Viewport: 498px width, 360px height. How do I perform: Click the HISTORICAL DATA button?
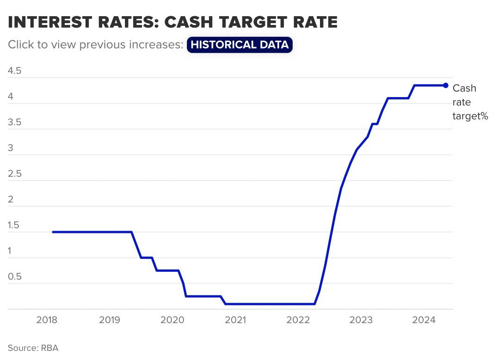pos(240,45)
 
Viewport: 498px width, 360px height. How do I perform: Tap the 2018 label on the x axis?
pos(46,320)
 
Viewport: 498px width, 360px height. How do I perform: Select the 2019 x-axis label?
pos(110,320)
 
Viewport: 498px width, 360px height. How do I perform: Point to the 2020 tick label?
pos(172,320)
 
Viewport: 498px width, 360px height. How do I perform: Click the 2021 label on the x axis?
pos(235,320)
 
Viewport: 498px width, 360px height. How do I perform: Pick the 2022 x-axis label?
pos(298,320)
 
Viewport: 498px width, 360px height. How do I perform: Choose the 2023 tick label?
pos(361,320)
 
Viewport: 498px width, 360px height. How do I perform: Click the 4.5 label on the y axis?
pos(15,71)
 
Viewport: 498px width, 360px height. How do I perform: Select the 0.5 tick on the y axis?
pos(15,277)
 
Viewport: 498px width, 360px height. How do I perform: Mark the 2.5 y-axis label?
pos(15,174)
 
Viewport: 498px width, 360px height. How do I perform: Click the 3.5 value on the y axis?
pos(15,122)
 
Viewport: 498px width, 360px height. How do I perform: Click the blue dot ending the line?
pos(446,85)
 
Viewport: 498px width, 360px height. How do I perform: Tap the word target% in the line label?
pos(470,116)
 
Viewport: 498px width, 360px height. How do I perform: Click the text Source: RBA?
pos(33,348)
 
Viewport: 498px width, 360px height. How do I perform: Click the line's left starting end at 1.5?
pos(53,232)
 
